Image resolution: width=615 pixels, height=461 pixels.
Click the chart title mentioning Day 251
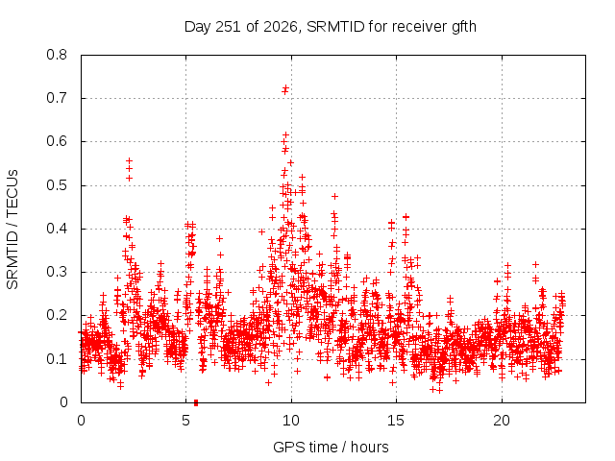tap(331, 27)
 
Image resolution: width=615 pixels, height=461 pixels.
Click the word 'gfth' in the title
tap(464, 27)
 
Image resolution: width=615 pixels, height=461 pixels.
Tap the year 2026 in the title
tap(280, 27)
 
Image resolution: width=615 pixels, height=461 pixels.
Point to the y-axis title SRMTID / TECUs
tap(12, 230)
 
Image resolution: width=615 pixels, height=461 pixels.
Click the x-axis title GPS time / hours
tap(331, 447)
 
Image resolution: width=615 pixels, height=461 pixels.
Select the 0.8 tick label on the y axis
tap(57, 55)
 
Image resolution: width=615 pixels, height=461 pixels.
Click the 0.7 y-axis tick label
tap(57, 98)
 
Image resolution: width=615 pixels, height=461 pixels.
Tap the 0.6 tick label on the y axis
tap(57, 141)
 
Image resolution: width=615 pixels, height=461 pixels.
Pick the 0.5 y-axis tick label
tap(57, 185)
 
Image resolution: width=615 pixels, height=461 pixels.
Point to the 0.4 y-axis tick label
tap(57, 229)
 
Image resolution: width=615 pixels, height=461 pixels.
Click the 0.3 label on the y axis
tap(57, 272)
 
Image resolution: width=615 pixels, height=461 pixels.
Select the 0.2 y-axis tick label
tap(57, 315)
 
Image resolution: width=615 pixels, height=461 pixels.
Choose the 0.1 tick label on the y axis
tap(57, 358)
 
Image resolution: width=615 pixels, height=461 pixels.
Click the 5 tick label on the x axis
tap(185, 421)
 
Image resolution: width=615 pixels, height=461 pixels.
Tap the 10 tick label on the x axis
tap(291, 421)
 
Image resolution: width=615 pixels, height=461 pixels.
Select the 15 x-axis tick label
tap(396, 421)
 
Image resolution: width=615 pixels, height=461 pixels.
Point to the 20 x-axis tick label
tap(502, 421)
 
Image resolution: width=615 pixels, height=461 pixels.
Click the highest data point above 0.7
tap(286, 87)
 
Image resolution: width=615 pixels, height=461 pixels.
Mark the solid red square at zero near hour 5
tap(196, 402)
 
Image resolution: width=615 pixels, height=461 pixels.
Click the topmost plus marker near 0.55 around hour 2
tap(129, 160)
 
